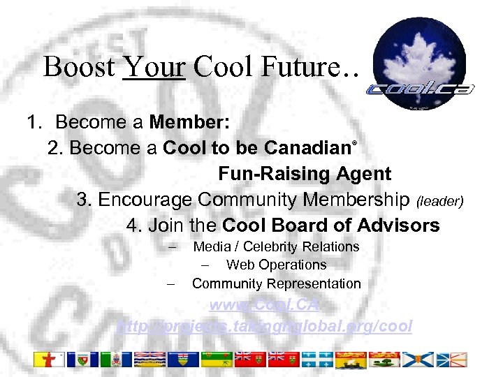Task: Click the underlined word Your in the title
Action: [154, 67]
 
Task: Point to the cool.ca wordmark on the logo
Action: [421, 89]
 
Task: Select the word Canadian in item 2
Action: [310, 148]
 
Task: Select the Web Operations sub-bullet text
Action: [276, 265]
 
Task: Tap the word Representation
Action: [317, 283]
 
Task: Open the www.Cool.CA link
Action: [265, 305]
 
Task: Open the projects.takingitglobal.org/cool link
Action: [265, 326]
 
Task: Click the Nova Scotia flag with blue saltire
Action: [421, 360]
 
